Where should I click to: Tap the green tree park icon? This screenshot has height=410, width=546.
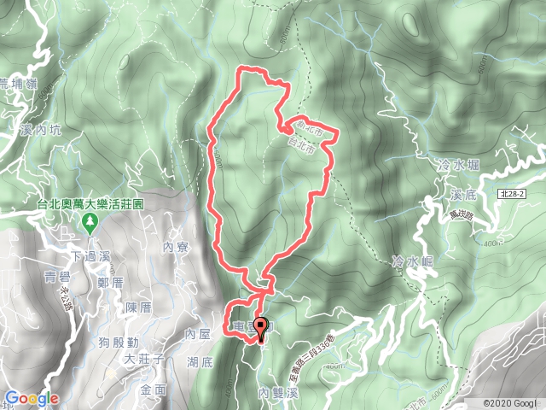(x=90, y=224)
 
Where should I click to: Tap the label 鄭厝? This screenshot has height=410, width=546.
(x=113, y=280)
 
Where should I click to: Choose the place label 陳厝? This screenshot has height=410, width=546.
(x=137, y=307)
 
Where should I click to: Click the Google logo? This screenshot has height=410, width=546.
(x=31, y=398)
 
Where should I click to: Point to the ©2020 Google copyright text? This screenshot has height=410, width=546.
(x=509, y=403)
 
